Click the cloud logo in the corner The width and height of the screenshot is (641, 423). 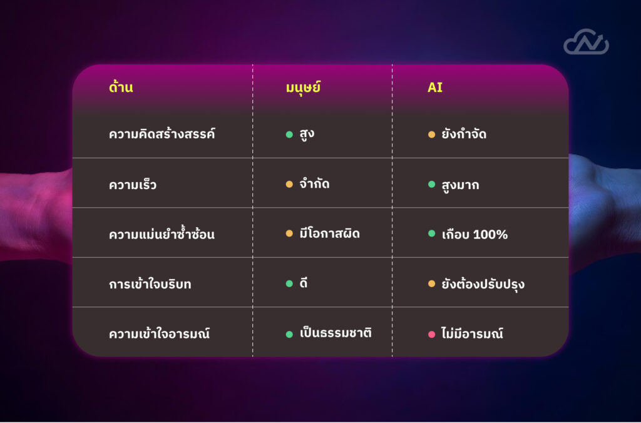pyautogui.click(x=586, y=42)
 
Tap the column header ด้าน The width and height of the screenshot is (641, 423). pyautogui.click(x=121, y=86)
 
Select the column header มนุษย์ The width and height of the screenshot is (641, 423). pyautogui.click(x=303, y=87)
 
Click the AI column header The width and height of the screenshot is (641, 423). pyautogui.click(x=435, y=88)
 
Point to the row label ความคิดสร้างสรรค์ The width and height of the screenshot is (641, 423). pyautogui.click(x=162, y=133)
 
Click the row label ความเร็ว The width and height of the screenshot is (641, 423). pyautogui.click(x=133, y=185)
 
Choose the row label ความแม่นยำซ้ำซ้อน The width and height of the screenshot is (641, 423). pyautogui.click(x=162, y=234)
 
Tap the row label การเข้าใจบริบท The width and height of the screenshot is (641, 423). pyautogui.click(x=150, y=283)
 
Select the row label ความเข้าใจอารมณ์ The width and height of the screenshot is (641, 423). pyautogui.click(x=159, y=333)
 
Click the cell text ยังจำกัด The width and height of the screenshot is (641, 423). pyautogui.click(x=464, y=134)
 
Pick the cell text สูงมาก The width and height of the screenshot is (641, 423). pyautogui.click(x=460, y=185)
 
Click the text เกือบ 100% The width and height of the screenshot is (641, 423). pyautogui.click(x=474, y=234)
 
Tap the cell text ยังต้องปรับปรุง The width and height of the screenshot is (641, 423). pyautogui.click(x=483, y=284)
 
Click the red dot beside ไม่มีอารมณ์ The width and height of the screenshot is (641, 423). pyautogui.click(x=431, y=334)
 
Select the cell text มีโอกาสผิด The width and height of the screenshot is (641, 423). pyautogui.click(x=329, y=233)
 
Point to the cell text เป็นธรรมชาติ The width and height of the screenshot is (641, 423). pyautogui.click(x=336, y=333)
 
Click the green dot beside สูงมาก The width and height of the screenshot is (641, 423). pyautogui.click(x=431, y=185)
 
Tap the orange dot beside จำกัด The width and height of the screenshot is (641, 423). pyautogui.click(x=289, y=185)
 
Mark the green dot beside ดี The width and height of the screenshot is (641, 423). pyautogui.click(x=289, y=283)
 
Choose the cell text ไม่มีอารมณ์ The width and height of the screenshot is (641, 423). pyautogui.click(x=472, y=333)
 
